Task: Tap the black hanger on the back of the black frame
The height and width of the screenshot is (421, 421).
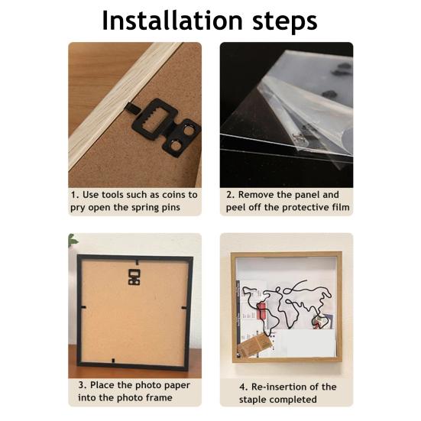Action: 134,277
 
